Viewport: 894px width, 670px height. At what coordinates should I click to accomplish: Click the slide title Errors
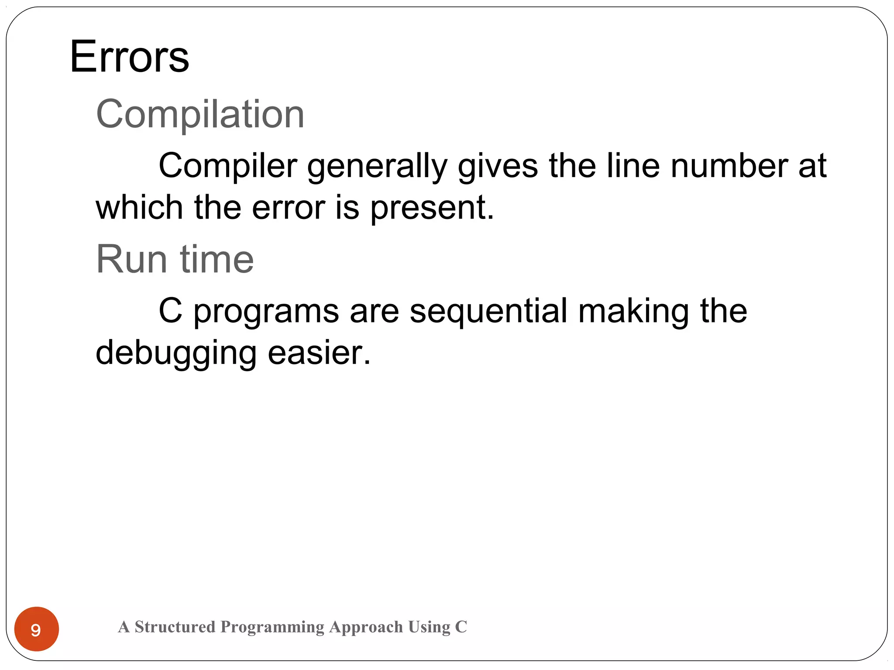pos(129,57)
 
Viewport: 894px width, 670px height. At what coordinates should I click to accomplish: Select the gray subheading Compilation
pos(200,114)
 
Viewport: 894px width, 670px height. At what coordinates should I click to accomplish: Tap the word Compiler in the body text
pos(227,166)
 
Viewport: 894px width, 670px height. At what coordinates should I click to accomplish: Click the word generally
pos(377,167)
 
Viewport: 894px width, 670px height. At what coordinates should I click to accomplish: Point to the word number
pos(729,166)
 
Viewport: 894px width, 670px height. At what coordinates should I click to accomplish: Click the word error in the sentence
pos(288,208)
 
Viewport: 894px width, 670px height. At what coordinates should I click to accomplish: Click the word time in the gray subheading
pos(217,259)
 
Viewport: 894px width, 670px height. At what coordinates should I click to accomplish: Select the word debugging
pos(176,354)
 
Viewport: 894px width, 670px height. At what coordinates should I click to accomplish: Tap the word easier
pos(319,353)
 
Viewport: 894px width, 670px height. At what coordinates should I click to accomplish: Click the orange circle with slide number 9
pos(37,629)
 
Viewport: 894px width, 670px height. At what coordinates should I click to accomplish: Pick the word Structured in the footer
pos(175,627)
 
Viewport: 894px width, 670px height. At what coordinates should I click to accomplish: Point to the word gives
pos(498,166)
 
